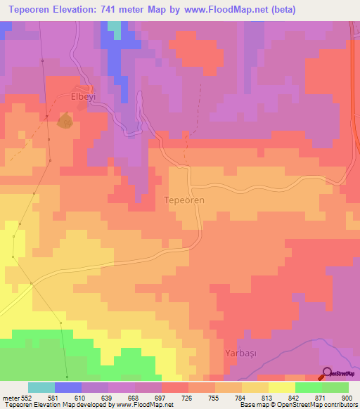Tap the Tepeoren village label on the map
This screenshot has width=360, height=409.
tap(184, 200)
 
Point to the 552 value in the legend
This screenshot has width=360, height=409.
tap(29, 397)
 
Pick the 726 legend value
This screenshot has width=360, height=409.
tap(188, 397)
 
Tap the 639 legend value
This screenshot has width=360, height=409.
tap(108, 397)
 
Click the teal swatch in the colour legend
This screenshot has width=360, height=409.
tap(41, 387)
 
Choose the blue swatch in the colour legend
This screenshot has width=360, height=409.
tap(68, 387)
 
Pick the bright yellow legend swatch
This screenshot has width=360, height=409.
tap(282, 387)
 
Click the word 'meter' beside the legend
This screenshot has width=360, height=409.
tap(11, 397)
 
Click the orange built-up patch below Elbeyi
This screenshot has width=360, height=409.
tap(65, 122)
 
